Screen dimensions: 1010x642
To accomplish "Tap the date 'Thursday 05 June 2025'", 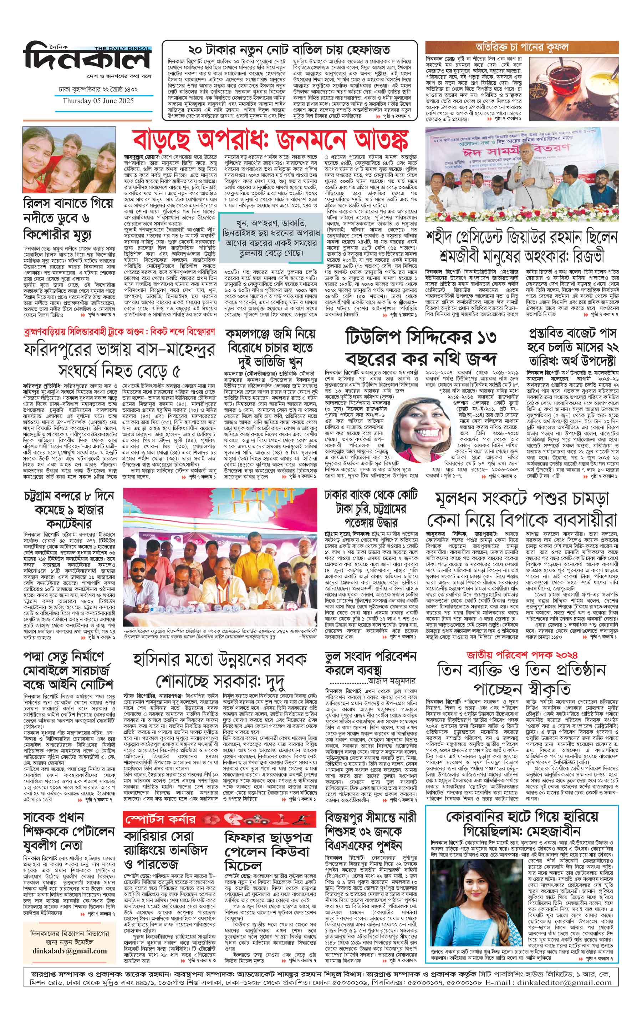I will tap(98, 101).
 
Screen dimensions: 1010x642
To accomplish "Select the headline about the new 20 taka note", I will tap(289, 50).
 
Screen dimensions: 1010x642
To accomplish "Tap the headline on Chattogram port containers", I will tap(69, 509).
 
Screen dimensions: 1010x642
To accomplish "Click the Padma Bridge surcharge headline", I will tap(69, 676).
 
